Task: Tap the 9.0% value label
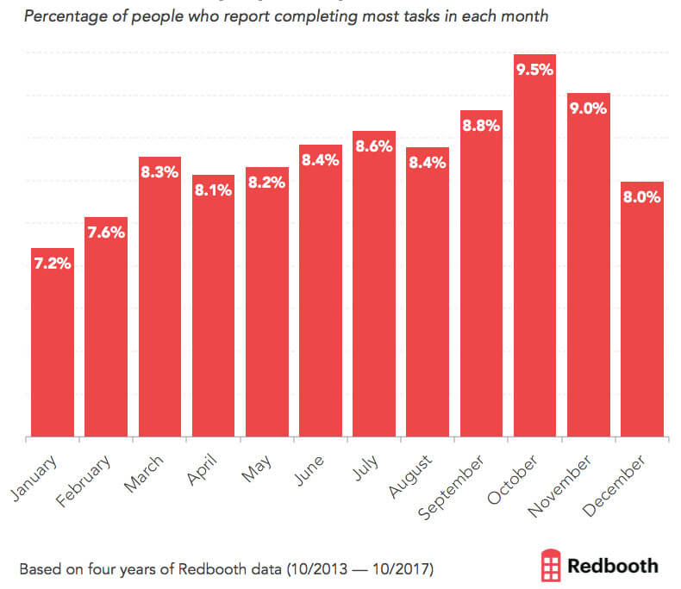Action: (x=589, y=108)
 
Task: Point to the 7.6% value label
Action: (x=105, y=232)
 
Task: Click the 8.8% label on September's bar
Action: (x=481, y=126)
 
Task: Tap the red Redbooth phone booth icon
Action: (x=549, y=566)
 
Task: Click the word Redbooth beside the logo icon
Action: (x=613, y=566)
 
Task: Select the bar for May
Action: (x=266, y=301)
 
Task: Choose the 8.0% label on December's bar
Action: (x=642, y=196)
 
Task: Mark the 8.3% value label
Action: (x=159, y=172)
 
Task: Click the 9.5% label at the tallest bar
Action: (x=534, y=70)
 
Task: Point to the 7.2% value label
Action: (x=52, y=263)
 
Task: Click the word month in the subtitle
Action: (x=523, y=17)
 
